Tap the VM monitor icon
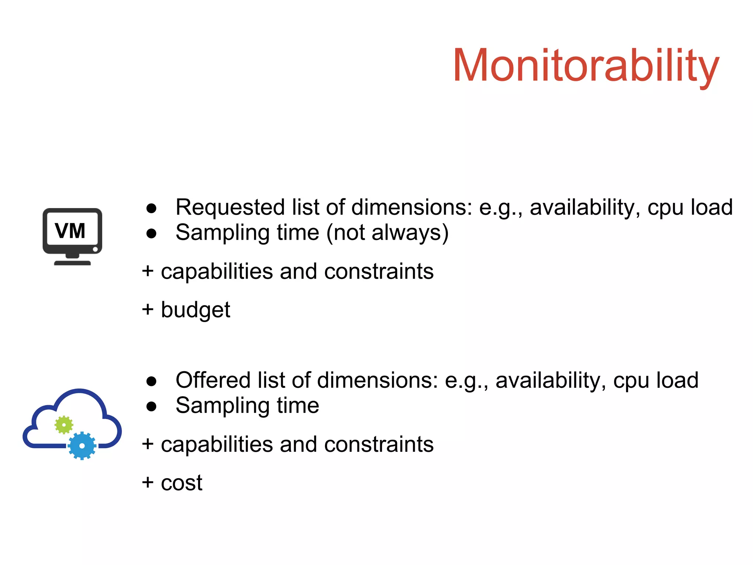72,236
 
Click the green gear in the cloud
64,425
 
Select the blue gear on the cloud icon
82,446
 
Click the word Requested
231,207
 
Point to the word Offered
214,380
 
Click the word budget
195,310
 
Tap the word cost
182,483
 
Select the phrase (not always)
387,233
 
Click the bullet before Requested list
151,208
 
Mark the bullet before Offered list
151,381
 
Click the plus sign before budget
147,309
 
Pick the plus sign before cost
147,482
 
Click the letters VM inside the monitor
70,231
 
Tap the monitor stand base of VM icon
72,262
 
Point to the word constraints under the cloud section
379,444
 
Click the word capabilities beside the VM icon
217,272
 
